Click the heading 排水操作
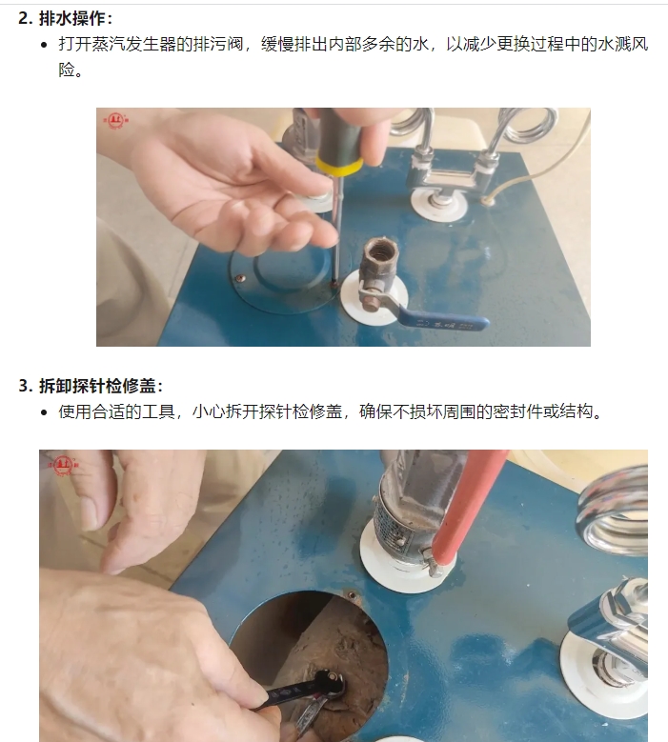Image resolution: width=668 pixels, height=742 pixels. (x=72, y=18)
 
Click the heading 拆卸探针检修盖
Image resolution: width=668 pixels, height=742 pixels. (x=97, y=386)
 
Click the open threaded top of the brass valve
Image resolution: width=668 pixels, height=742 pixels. (x=381, y=250)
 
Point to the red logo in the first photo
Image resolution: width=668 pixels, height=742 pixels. (x=115, y=121)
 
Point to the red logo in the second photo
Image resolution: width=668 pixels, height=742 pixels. (x=63, y=465)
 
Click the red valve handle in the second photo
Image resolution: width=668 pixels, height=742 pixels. (x=468, y=507)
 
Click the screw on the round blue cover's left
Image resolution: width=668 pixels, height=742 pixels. (x=241, y=278)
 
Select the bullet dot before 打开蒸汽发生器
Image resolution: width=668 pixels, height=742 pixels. (x=45, y=45)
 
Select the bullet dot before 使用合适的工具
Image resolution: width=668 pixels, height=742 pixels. (x=45, y=412)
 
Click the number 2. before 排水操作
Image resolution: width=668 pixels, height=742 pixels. (x=26, y=18)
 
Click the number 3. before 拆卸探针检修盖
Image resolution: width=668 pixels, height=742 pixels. (x=26, y=386)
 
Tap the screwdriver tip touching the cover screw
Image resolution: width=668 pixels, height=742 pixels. (x=334, y=283)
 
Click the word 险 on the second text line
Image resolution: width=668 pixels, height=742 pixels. (x=67, y=70)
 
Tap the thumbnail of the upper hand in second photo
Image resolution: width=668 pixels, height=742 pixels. (x=89, y=513)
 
